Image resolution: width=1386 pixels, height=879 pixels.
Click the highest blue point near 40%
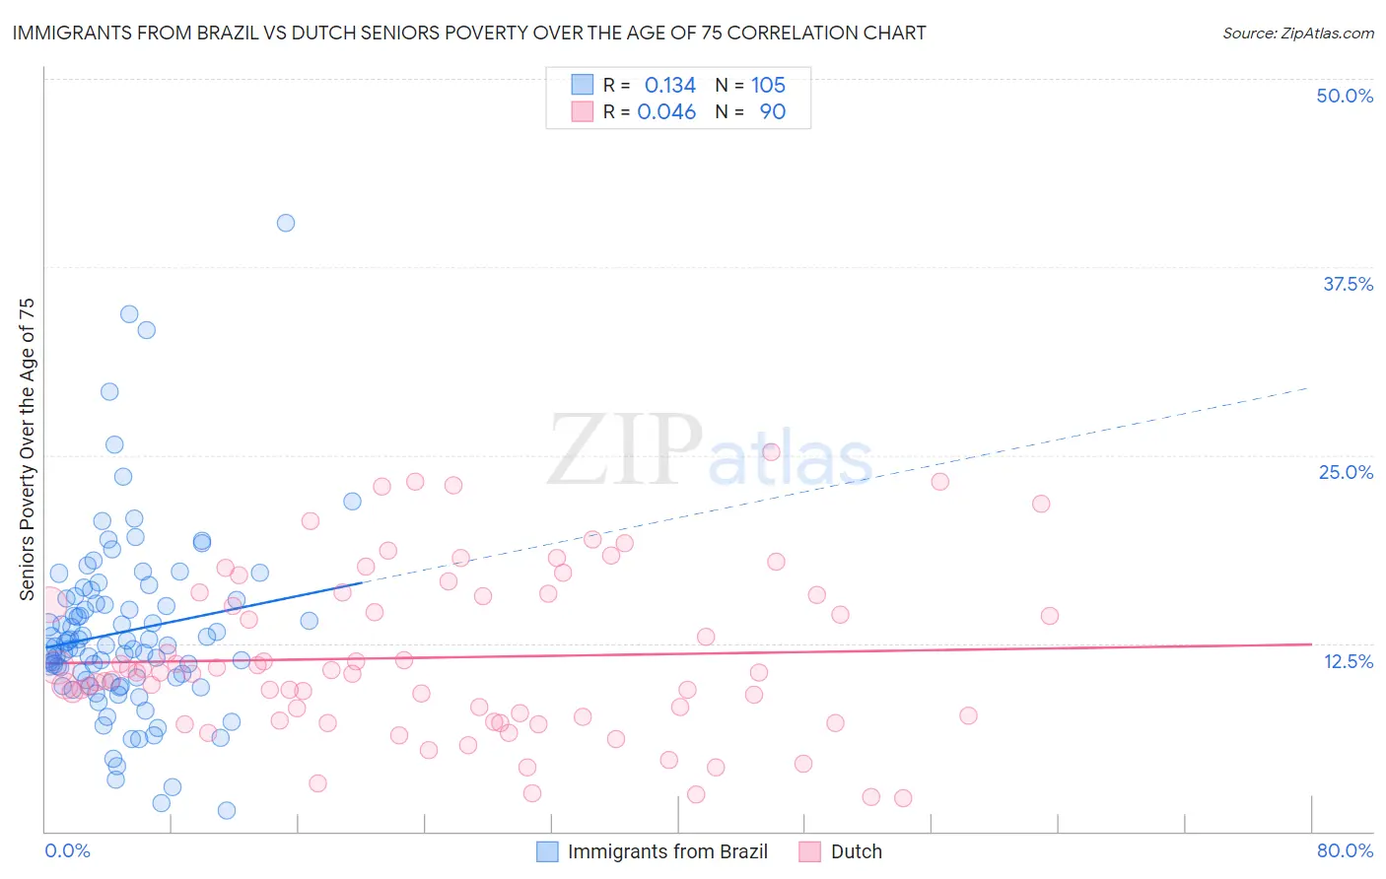click(x=286, y=223)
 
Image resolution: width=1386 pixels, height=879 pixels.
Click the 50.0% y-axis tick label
click(x=1345, y=96)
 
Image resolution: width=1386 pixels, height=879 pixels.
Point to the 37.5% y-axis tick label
click(x=1348, y=284)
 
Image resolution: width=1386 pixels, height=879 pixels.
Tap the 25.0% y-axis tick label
click(x=1346, y=472)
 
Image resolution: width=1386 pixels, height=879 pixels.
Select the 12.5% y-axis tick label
click(x=1348, y=661)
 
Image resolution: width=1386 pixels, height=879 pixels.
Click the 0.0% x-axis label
click(x=67, y=850)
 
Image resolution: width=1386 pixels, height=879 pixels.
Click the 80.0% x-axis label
click(x=1345, y=850)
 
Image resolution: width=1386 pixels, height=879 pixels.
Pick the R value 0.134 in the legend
click(x=670, y=86)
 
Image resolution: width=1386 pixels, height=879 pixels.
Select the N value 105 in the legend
click(x=768, y=86)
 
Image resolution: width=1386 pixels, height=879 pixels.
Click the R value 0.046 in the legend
click(x=666, y=112)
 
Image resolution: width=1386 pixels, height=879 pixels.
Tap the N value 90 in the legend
click(x=773, y=112)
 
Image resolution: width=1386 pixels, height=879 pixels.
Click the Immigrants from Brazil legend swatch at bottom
click(x=547, y=851)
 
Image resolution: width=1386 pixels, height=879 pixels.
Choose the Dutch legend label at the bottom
click(x=856, y=851)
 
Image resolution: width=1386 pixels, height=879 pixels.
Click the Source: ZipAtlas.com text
click(x=1297, y=33)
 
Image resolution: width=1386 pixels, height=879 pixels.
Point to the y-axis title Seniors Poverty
click(x=27, y=448)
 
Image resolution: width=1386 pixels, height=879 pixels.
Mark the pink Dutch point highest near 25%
click(x=771, y=452)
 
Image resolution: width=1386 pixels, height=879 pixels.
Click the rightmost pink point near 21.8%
click(x=1041, y=504)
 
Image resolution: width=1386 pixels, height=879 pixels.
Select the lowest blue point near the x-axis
click(x=227, y=810)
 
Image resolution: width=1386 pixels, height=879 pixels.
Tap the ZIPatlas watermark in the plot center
click(x=710, y=451)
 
